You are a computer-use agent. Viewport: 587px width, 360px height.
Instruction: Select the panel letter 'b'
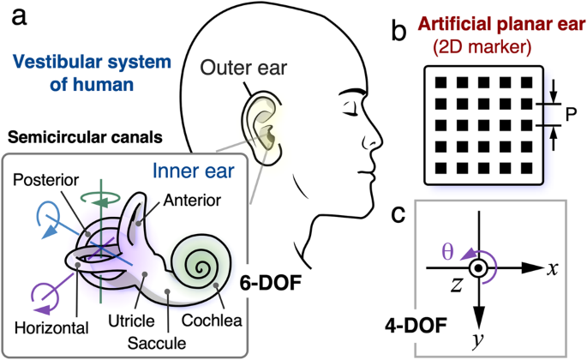[398, 33]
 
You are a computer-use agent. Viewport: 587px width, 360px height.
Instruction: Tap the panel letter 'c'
[398, 215]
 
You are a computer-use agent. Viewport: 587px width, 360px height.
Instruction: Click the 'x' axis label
[554, 267]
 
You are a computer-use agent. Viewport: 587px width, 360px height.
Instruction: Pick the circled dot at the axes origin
[482, 268]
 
